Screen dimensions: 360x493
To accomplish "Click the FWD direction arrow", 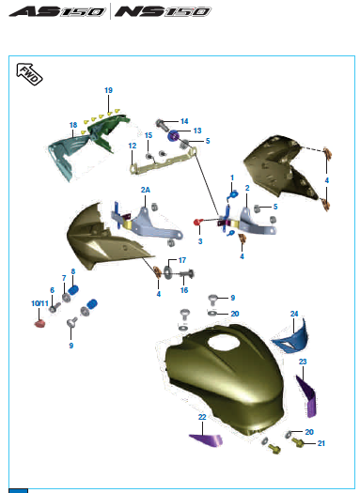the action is tap(29, 74).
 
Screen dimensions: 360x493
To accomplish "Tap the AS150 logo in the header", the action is tap(57, 11).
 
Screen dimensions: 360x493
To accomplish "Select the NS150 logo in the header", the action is tap(163, 11).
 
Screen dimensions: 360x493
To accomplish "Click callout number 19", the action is tap(108, 90).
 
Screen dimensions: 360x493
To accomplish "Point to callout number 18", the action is tap(73, 125).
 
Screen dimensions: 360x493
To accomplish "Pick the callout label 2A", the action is tap(146, 190).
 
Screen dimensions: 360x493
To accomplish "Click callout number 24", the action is tap(294, 314).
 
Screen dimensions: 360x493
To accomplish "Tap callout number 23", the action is tap(303, 362).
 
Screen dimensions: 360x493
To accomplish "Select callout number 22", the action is tap(202, 417).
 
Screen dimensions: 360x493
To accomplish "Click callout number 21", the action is tap(321, 443).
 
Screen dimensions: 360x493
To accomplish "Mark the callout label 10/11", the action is tap(39, 303).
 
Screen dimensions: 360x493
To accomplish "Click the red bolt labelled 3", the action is tap(197, 223).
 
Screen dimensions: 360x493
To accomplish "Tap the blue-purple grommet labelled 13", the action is tap(173, 136).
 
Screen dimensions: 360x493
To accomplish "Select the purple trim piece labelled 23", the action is tap(306, 396).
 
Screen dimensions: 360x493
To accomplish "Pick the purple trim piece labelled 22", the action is tap(207, 439).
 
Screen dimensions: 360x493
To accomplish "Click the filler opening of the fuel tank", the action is tap(224, 343).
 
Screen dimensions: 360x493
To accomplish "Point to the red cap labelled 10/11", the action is tap(39, 324).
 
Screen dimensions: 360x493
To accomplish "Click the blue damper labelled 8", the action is tap(73, 290).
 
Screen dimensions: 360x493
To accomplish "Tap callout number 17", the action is tap(182, 260).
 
